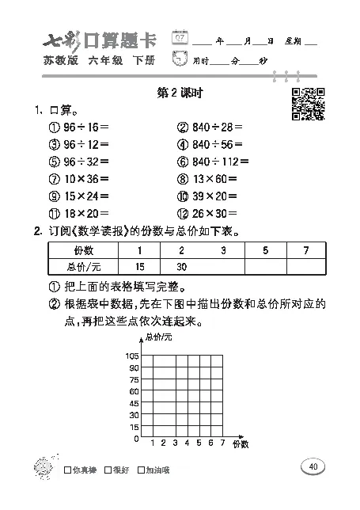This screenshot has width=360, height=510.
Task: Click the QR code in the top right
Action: pos(308,103)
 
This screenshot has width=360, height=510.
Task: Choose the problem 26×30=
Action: pos(210,213)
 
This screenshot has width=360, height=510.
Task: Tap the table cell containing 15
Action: pos(140,266)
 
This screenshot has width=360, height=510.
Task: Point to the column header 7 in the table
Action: pos(305,250)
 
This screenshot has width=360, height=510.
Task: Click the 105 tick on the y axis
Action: pos(132,356)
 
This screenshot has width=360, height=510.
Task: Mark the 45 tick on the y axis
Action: pos(134,403)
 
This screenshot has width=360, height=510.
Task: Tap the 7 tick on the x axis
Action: pos(222,443)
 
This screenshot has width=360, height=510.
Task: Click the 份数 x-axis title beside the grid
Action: pos(240,446)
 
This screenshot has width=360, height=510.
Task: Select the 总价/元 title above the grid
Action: pos(157,339)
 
